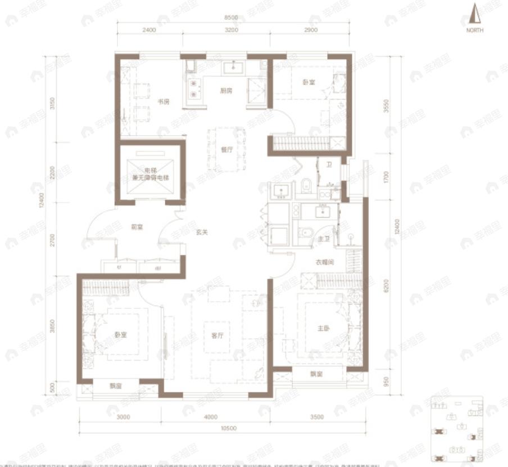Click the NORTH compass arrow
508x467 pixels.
tap(475, 15)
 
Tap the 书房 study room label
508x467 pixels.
tap(164, 102)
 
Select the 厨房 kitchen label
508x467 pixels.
tap(226, 90)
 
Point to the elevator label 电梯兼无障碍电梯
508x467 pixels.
tap(151, 174)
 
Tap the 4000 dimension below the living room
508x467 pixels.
tap(211, 417)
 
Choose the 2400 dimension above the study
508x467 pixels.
tap(148, 29)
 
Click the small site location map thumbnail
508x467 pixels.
tap(457, 428)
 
